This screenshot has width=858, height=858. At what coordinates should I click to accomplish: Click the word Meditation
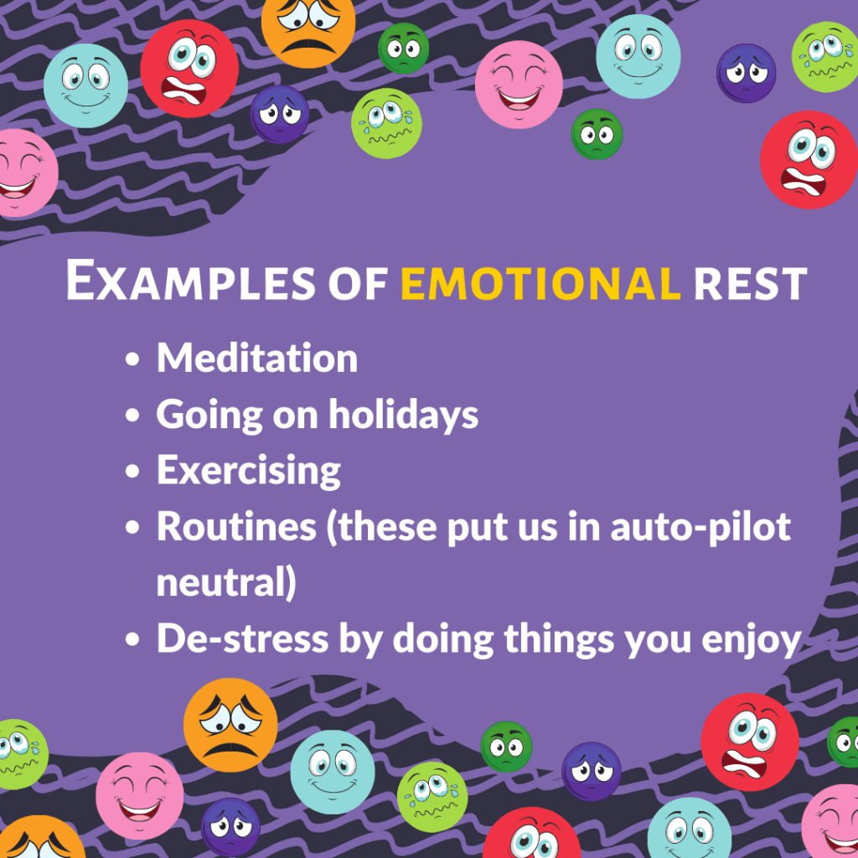pos(257,358)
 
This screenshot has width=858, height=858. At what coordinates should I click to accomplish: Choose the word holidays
pos(403,415)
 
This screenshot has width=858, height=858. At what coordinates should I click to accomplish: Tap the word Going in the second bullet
pos(209,416)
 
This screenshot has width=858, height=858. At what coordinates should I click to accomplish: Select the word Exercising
pos(249,471)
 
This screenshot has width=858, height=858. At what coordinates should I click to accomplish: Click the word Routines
pos(237,527)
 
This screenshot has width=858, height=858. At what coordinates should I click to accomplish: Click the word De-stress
pos(242,638)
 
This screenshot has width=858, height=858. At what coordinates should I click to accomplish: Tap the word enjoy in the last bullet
pos(752,640)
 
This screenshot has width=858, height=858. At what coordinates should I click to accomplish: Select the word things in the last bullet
pos(559,639)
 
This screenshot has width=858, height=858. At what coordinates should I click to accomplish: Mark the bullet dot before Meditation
pos(132,359)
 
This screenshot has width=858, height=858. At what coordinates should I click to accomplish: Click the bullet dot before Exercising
pos(132,471)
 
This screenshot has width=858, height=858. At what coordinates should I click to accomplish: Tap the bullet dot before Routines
pos(132,528)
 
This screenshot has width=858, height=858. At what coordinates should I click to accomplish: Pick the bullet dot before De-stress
pos(132,639)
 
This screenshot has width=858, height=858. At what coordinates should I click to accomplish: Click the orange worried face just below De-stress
pos(230,725)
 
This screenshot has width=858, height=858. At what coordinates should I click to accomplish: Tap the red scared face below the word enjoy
pos(750,742)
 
